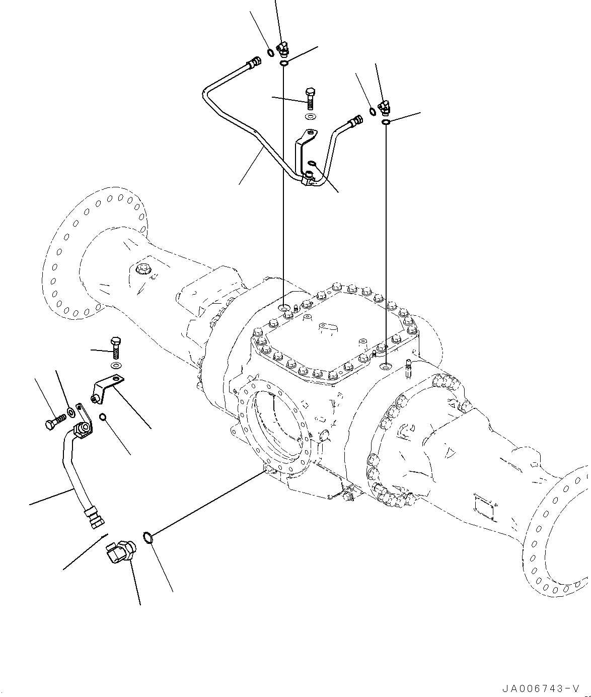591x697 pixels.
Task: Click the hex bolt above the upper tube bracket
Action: (x=310, y=98)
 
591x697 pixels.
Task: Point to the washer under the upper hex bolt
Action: (x=311, y=117)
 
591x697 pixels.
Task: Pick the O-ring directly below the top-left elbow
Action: (x=284, y=63)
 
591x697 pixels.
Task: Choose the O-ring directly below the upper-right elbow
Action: (x=385, y=122)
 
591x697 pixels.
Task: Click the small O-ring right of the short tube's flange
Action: (x=103, y=417)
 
